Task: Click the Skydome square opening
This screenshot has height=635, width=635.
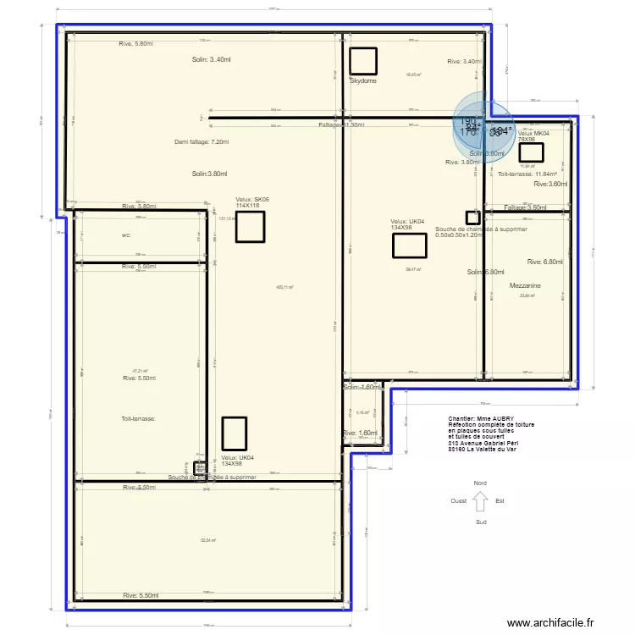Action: [x=363, y=61]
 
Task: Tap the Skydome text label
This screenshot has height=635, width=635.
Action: [x=362, y=80]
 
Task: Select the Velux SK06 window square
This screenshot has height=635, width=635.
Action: [x=250, y=227]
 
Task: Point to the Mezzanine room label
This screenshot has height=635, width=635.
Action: [x=525, y=286]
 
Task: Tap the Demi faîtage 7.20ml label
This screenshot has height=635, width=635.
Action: [x=202, y=142]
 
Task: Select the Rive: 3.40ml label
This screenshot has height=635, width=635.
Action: [x=465, y=61]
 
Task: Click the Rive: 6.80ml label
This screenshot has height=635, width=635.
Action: [x=544, y=262]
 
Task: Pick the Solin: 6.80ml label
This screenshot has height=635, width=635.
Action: [x=485, y=272]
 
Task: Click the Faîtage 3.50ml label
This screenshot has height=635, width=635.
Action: [x=525, y=207]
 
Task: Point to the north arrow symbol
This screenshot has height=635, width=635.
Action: [x=480, y=501]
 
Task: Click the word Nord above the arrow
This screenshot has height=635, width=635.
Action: [x=480, y=483]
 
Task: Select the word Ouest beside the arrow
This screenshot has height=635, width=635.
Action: [x=459, y=500]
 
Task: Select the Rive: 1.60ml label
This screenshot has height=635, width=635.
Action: [x=360, y=433]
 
